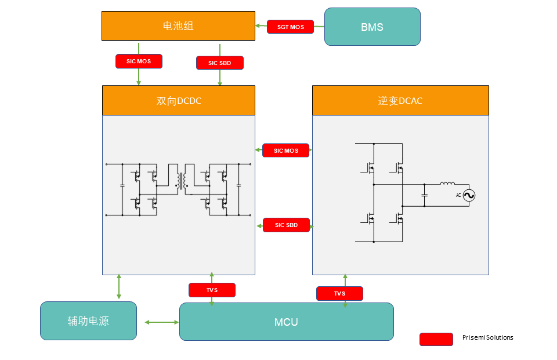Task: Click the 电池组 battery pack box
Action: [178, 26]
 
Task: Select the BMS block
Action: [372, 27]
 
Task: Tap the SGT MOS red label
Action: [290, 27]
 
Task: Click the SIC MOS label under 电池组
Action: [139, 61]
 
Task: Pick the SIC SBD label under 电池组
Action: [220, 63]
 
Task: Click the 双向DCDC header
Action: [179, 100]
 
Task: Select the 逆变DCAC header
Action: [400, 100]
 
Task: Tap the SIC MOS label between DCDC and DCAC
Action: [286, 150]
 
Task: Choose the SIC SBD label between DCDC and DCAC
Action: [286, 225]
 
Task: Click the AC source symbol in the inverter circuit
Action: [469, 196]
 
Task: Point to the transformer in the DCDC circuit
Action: [182, 181]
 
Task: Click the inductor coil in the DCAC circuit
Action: [447, 184]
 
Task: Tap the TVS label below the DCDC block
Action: [212, 290]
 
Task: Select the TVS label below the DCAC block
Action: [339, 293]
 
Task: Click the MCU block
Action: [286, 322]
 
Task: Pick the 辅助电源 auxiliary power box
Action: [88, 321]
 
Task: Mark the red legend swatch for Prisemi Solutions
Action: [436, 339]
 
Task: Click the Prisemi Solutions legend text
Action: [487, 337]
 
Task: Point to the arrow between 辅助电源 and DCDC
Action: [119, 286]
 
